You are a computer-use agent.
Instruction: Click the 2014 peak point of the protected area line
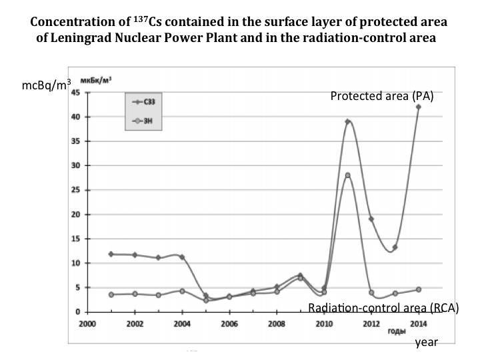418,107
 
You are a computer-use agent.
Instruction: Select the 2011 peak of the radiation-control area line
347,175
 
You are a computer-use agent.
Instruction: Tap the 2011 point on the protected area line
347,122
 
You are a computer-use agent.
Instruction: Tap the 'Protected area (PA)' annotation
382,96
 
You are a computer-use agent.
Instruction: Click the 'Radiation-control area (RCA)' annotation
383,309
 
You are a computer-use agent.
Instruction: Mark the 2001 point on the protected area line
111,254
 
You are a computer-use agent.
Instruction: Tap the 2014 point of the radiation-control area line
418,289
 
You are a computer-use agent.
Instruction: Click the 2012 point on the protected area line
371,219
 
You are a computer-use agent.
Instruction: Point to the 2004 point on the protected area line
182,257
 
